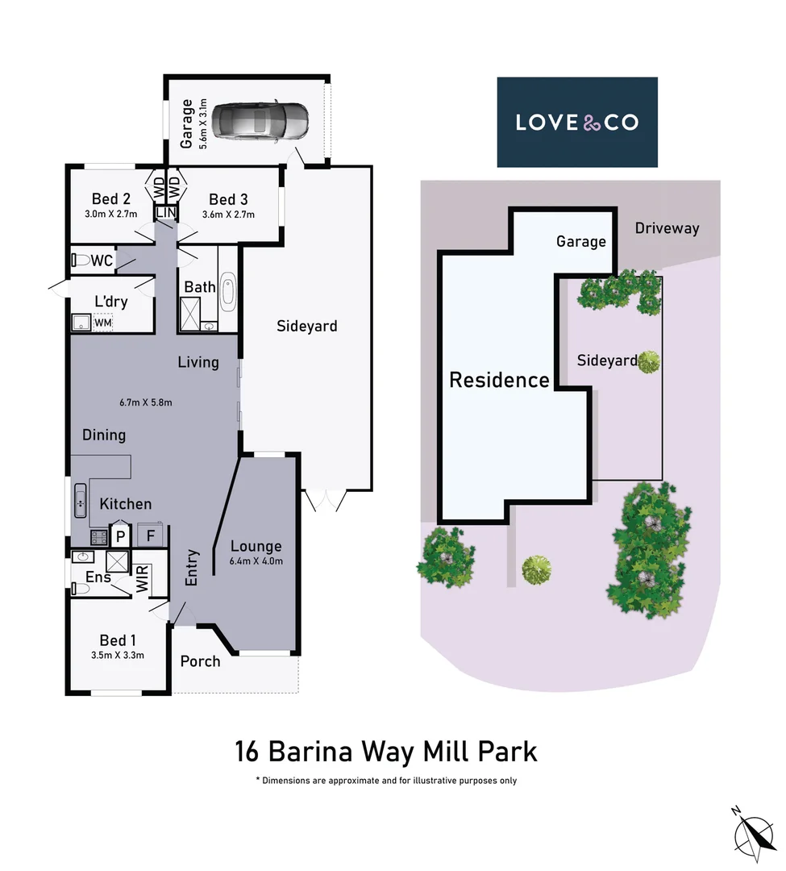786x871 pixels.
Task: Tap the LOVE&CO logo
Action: pyautogui.click(x=577, y=123)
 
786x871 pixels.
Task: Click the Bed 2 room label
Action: pyautogui.click(x=111, y=199)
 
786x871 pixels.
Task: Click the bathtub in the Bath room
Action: pyautogui.click(x=227, y=294)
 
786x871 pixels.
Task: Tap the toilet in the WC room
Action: pyautogui.click(x=81, y=260)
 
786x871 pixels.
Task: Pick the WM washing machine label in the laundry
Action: pyautogui.click(x=103, y=323)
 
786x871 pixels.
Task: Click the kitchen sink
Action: pyautogui.click(x=81, y=500)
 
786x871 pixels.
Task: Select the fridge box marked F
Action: pyautogui.click(x=151, y=536)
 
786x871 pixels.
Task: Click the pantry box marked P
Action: pyautogui.click(x=120, y=536)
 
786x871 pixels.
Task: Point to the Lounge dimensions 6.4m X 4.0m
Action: pyautogui.click(x=256, y=562)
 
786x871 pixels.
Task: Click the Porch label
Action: pyautogui.click(x=200, y=661)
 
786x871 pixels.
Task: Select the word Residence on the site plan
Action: pyautogui.click(x=499, y=380)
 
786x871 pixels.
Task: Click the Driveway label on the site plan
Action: pyautogui.click(x=667, y=228)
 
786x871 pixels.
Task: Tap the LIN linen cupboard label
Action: pyautogui.click(x=166, y=212)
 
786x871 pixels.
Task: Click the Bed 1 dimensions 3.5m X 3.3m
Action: pyautogui.click(x=118, y=656)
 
